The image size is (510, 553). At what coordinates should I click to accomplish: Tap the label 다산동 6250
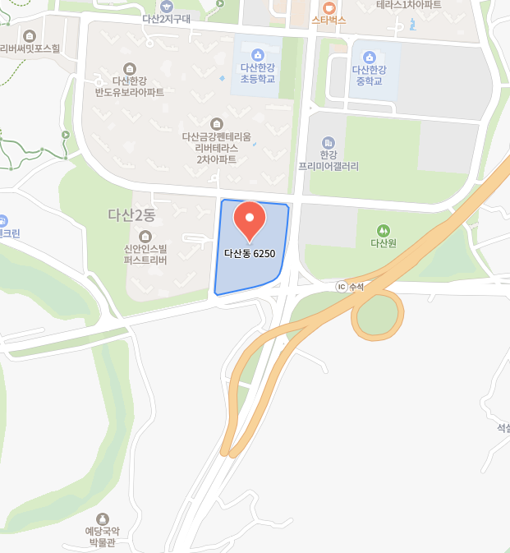coord(250,253)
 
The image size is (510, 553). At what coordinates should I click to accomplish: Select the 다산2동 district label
coord(131,215)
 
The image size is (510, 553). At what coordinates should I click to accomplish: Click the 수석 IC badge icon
coord(341,287)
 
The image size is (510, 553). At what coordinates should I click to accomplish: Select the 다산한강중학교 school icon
coord(370,56)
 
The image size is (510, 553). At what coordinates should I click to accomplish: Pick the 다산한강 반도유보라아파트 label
coord(129,86)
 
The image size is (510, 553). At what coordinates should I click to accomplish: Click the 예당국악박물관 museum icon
coord(103,518)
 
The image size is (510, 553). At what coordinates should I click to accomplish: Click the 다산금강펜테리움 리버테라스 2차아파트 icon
coord(216,123)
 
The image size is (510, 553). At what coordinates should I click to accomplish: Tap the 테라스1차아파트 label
coord(408,5)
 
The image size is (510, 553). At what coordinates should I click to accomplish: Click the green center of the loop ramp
coord(377,318)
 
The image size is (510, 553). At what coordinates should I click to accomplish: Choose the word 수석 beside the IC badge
coord(356,287)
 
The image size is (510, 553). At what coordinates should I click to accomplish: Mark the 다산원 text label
coord(384,243)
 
